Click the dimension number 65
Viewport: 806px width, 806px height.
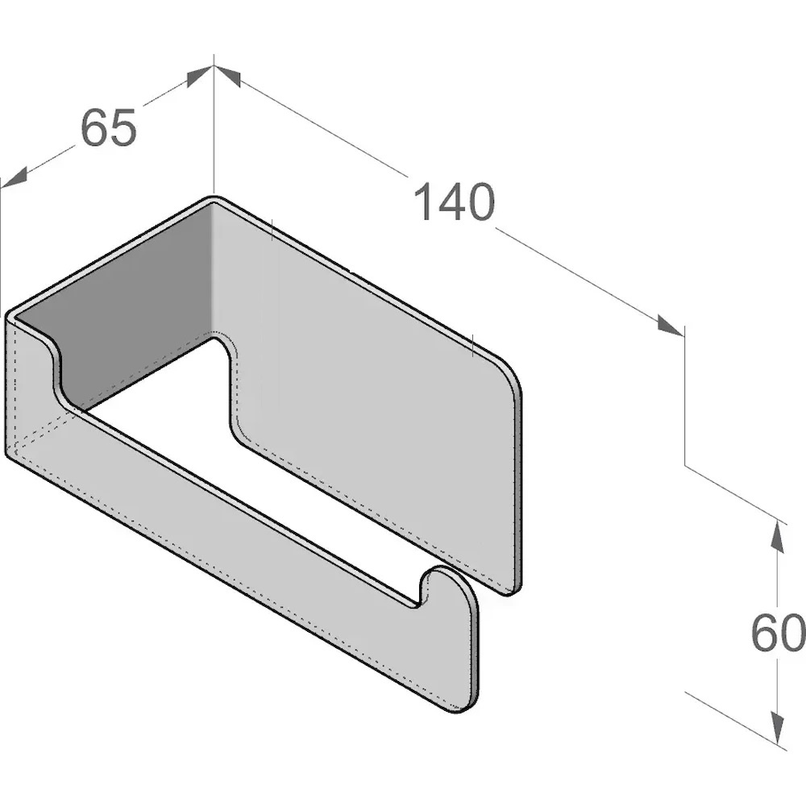(x=109, y=127)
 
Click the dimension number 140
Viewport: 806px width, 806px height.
(x=453, y=202)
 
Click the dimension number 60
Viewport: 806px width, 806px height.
(x=777, y=632)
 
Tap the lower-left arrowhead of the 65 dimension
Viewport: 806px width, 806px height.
(x=14, y=177)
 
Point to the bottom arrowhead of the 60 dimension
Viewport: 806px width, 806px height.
(x=779, y=728)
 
